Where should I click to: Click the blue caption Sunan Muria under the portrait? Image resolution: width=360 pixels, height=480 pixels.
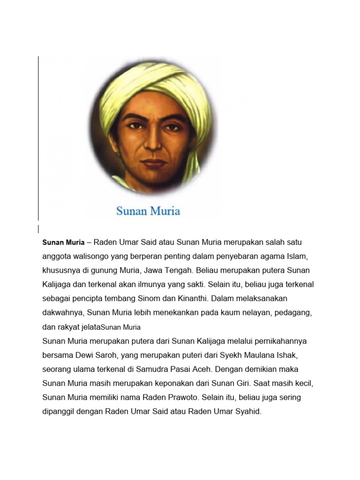tap(148, 211)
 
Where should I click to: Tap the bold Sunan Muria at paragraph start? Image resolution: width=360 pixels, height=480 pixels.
tap(63, 243)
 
